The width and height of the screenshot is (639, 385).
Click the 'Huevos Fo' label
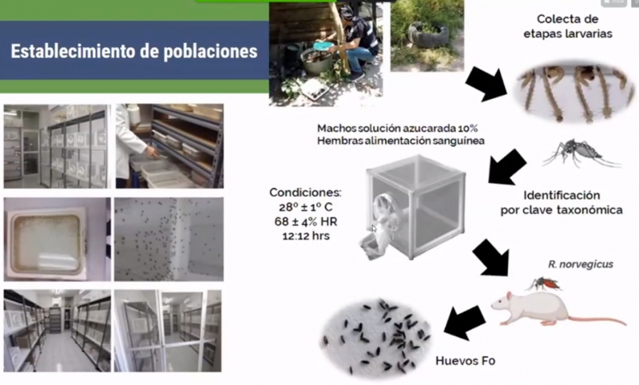[x=466, y=361]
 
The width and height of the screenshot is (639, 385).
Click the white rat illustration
[x=543, y=308]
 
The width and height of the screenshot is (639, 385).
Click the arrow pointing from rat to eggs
[x=465, y=322]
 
